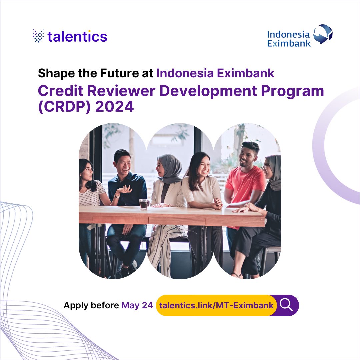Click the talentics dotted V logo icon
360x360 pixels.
(x=38, y=36)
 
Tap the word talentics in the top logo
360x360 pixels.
(x=77, y=36)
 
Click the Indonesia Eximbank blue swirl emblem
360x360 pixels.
(x=322, y=34)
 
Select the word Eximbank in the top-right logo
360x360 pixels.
(x=289, y=43)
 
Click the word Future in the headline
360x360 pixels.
(x=118, y=73)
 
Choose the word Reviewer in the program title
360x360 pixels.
(x=121, y=91)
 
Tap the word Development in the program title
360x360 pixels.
(x=208, y=91)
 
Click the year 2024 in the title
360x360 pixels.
(x=114, y=107)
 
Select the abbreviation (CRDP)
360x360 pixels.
(x=65, y=107)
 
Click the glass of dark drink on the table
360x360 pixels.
(x=144, y=204)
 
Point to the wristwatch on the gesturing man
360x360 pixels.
(x=117, y=196)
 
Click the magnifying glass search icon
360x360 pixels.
(x=286, y=305)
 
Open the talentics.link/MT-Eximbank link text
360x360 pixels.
(x=216, y=305)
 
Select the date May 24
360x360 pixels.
(x=137, y=305)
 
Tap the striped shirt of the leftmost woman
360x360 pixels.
(x=91, y=194)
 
